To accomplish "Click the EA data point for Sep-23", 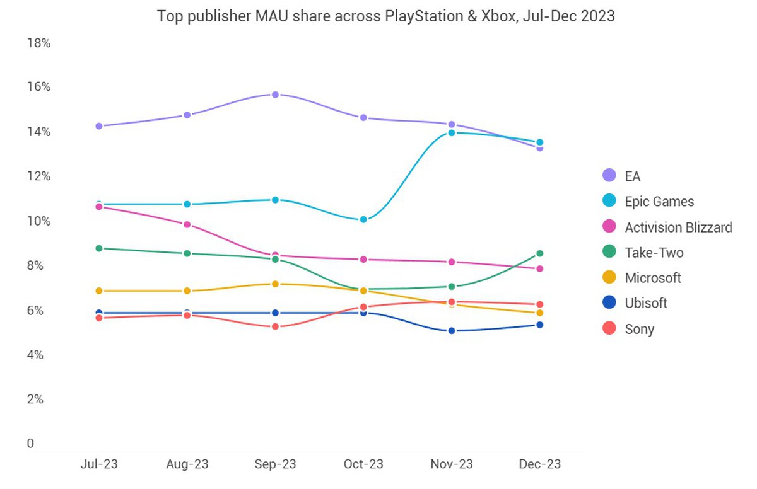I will [x=276, y=95].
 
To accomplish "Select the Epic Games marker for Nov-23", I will [x=452, y=133].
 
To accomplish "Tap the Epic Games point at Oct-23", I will [x=363, y=220].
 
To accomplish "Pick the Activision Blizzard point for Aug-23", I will [x=187, y=224].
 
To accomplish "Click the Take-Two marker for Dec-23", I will [x=540, y=253].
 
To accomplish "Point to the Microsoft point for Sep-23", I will [x=276, y=284].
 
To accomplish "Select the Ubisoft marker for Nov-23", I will [x=452, y=331].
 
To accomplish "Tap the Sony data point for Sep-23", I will [x=276, y=326].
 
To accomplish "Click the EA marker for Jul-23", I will [x=99, y=126].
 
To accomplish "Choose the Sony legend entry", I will [x=639, y=329].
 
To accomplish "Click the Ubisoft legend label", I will [x=646, y=303].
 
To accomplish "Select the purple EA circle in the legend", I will [x=609, y=176].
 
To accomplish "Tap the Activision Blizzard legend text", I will [x=678, y=227].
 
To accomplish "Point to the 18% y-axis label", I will [x=38, y=43].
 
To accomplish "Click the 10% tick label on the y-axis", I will [x=38, y=221].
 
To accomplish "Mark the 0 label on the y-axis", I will [x=30, y=444].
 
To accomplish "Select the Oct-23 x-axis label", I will [x=363, y=464].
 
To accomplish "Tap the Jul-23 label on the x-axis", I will [x=99, y=464].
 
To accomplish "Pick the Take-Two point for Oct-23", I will [x=363, y=290].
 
